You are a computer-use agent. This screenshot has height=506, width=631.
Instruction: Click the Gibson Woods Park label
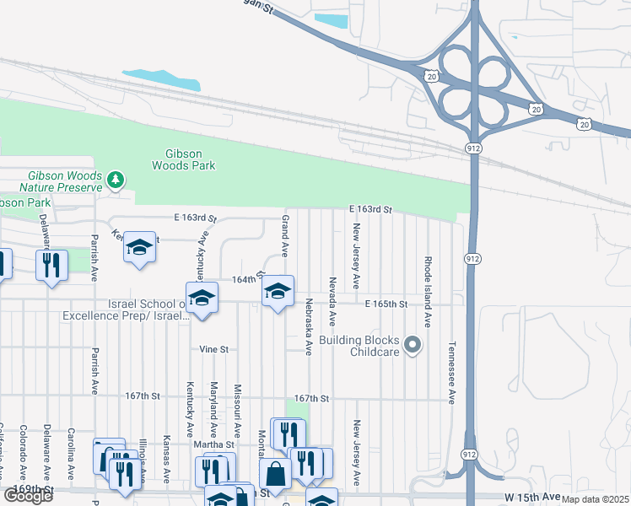click(x=183, y=159)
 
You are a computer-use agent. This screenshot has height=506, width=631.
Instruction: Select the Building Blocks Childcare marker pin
click(x=413, y=344)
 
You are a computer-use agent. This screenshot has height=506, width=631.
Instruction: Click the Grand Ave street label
click(x=285, y=235)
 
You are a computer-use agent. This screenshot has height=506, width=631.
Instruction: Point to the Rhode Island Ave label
click(x=428, y=292)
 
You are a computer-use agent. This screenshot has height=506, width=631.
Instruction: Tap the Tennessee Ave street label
click(x=451, y=373)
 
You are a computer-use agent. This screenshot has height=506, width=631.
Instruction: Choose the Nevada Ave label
click(x=333, y=301)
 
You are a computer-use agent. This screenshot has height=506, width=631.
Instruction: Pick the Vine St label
click(x=214, y=348)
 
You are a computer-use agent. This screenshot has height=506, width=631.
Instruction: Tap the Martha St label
click(x=217, y=444)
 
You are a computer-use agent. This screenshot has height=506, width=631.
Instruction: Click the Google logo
click(x=28, y=496)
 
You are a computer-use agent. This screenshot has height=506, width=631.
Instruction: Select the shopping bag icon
click(x=275, y=475)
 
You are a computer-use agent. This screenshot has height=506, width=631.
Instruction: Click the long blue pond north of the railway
click(x=161, y=79)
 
